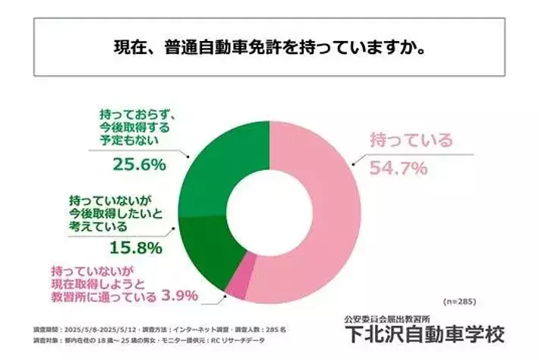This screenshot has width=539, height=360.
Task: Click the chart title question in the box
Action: pos(269,49)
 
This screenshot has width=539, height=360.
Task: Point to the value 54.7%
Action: pos(397,166)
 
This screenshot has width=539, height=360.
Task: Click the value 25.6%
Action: pos(140,163)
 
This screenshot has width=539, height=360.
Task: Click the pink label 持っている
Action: pos(411,140)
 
